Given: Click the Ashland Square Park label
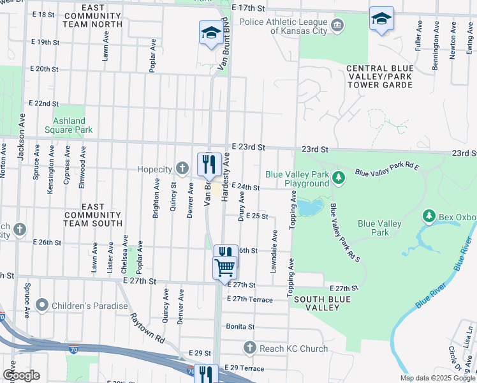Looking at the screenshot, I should pos(68,125).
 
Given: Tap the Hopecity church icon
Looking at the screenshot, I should pos(182,169).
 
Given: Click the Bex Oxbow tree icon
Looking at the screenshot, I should pos(430,217).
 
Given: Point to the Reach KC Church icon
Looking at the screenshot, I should pos(250,349).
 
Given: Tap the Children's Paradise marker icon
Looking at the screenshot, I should pos(43,306).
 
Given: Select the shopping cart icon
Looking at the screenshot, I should pos(224,268).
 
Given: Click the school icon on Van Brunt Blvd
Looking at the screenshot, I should pos(209,32).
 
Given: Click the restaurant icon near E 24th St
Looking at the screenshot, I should pos(209,165).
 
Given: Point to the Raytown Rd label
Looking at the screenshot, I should pos(147,326).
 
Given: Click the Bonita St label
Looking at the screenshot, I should pos(240,326).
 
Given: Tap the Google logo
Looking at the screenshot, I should pos(21,375).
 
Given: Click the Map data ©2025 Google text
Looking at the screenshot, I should pos(437,378).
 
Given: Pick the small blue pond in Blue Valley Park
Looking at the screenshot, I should pos(311,207).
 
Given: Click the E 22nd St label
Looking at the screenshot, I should pos(44,103).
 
